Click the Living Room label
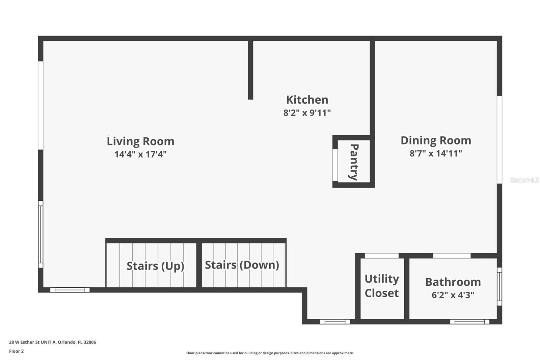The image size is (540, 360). [140, 142]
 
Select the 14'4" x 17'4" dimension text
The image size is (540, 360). [140, 154]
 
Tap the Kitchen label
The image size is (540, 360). [307, 100]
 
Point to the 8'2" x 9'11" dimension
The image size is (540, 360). [307, 113]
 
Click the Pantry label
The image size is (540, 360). [354, 162]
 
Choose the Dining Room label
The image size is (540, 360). [436, 140]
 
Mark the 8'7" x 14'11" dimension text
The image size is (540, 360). [436, 153]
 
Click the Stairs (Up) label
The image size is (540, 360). [156, 266]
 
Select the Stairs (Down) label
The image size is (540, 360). [242, 265]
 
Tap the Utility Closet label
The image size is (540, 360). [382, 286]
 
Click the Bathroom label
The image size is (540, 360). [453, 282]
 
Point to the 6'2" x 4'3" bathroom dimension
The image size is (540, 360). [453, 295]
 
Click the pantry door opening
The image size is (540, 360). [335, 165]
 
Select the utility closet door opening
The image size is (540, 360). [382, 256]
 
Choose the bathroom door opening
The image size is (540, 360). [452, 256]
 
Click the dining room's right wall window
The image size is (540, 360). [500, 140]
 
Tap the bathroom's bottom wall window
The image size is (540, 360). [469, 322]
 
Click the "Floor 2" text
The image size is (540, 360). [17, 351]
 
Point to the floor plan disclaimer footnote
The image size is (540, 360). [270, 353]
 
